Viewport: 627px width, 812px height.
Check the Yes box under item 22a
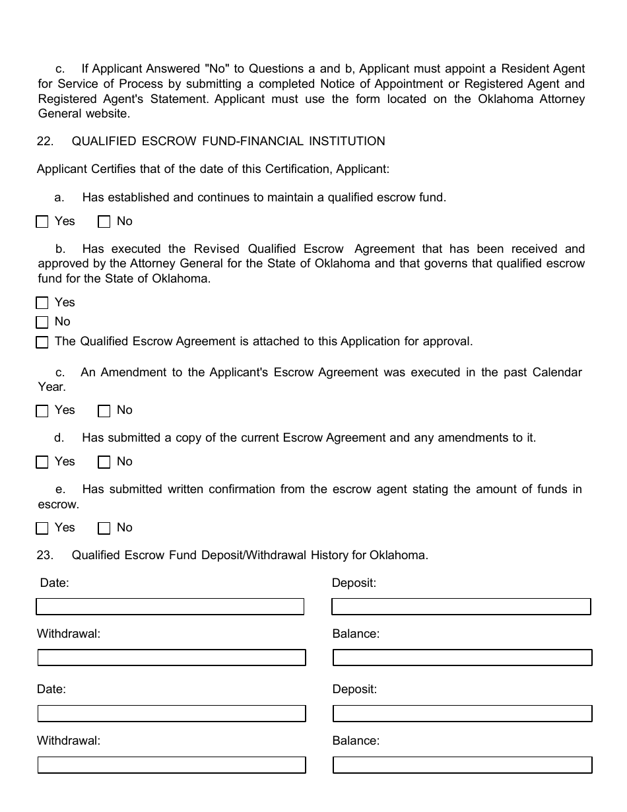[42, 222]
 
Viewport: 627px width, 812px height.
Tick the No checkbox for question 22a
[104, 222]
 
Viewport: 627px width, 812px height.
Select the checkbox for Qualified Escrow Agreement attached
[42, 342]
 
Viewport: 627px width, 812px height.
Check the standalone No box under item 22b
[42, 322]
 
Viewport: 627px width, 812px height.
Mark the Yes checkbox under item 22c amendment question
[42, 411]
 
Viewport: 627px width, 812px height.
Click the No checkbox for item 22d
[104, 462]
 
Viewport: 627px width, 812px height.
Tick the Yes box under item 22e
[42, 528]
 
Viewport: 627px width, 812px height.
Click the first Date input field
[170, 607]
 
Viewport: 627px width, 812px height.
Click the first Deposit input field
[461, 607]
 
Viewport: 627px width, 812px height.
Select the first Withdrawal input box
[172, 658]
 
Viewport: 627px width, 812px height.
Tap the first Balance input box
[462, 658]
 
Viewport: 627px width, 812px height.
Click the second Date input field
[172, 714]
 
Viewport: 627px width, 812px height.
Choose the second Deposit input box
[462, 714]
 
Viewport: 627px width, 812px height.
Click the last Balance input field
[462, 765]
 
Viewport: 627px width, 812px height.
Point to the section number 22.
[45, 141]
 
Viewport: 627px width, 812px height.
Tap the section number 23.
[45, 555]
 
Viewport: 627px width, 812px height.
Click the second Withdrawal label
[69, 741]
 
